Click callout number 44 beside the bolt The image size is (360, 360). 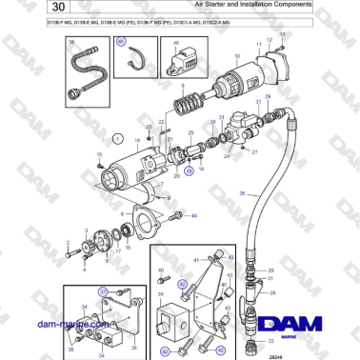(193, 217)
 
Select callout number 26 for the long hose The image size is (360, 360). (242, 194)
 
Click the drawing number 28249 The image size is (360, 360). (275, 353)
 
